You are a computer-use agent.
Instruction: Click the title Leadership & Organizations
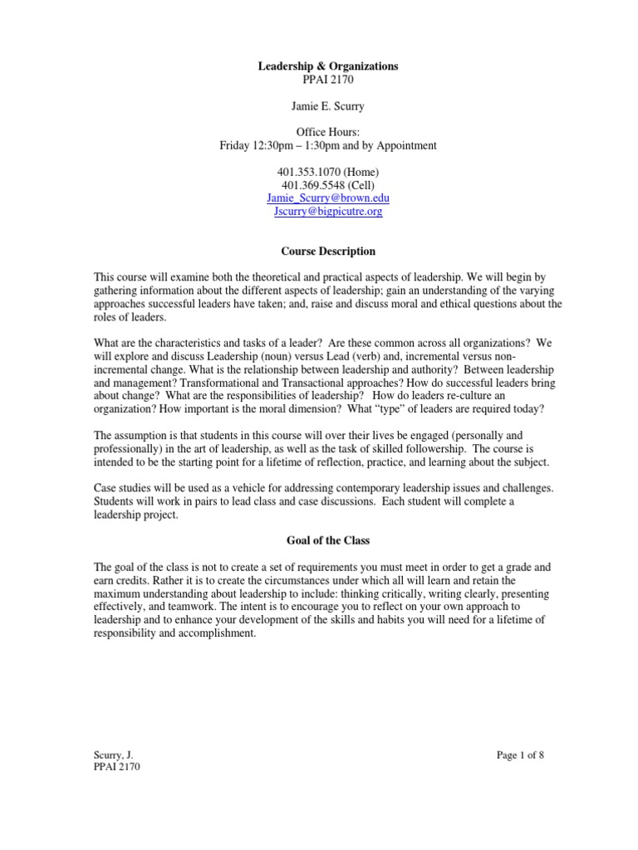tap(327, 66)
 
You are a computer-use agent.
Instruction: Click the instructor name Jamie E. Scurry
tap(327, 105)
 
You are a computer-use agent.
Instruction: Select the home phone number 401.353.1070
tap(306, 172)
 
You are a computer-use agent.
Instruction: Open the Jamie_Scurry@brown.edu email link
tap(327, 198)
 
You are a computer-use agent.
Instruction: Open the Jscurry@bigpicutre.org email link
tap(327, 212)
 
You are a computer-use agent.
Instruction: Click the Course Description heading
tap(327, 252)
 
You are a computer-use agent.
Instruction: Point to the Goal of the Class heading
tap(327, 540)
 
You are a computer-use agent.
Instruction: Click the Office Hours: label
tap(327, 132)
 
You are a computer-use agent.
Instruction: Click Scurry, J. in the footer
tap(113, 755)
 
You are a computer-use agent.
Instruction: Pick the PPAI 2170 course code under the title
tap(327, 79)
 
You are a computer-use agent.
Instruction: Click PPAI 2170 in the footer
tap(117, 768)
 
